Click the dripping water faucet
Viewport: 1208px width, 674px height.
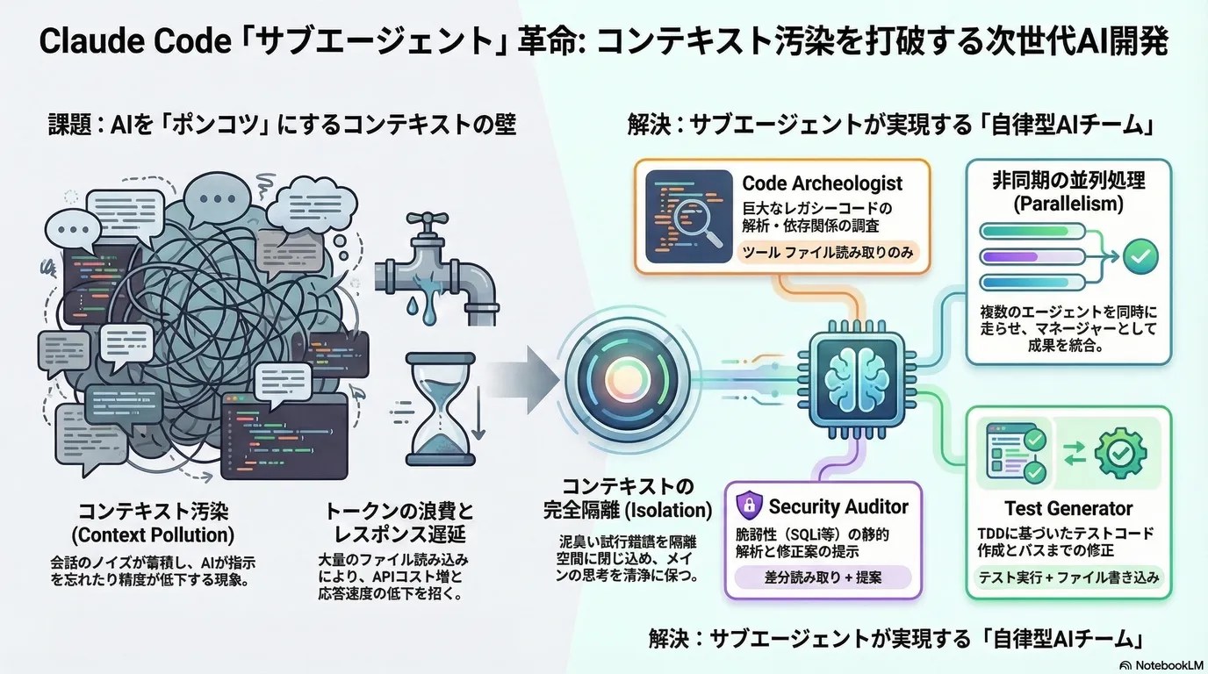[434, 263]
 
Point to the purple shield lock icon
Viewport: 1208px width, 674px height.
[748, 505]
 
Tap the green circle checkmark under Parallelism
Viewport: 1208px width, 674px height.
[1141, 256]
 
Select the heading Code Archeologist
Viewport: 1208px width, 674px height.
[822, 183]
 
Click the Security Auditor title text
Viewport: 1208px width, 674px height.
[838, 506]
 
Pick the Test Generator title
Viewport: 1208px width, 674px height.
[1068, 508]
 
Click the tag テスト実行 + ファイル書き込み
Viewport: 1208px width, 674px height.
[1068, 577]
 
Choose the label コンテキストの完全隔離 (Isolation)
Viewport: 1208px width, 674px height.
[627, 498]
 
